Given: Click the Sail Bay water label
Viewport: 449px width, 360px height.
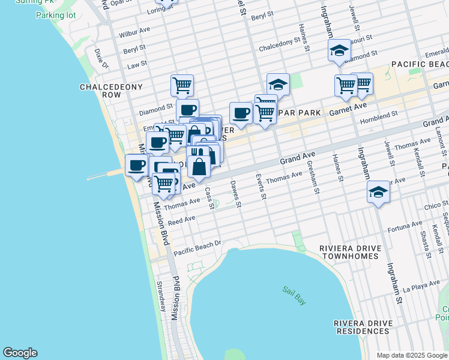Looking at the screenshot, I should (294, 296).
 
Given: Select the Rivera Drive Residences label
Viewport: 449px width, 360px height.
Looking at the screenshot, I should (362, 327).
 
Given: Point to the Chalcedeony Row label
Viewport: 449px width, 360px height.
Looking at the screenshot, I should (111, 91).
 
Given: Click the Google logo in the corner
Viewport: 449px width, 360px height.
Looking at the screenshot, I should (20, 353).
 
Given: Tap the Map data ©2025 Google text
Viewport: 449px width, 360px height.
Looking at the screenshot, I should (412, 355).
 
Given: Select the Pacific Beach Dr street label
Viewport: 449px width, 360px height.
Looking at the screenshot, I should (197, 248).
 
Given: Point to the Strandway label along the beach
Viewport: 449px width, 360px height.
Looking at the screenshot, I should (160, 296).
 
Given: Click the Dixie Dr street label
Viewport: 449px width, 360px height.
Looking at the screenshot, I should (100, 59).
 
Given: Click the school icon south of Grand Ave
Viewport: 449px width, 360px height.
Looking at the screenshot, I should (378, 193).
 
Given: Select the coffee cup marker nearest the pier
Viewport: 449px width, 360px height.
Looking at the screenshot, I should (136, 165).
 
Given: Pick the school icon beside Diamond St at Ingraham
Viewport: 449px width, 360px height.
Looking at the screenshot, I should (339, 52).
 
